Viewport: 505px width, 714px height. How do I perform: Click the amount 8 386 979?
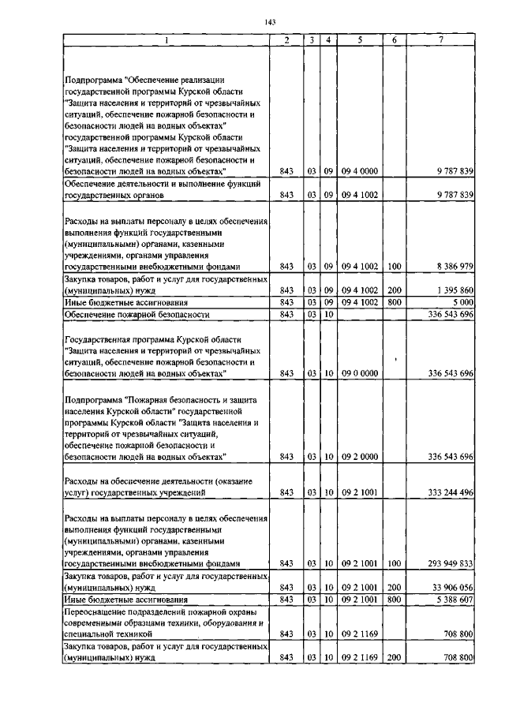453,267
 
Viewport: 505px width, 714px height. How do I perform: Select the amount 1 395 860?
453,290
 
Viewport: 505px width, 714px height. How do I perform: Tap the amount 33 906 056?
452,588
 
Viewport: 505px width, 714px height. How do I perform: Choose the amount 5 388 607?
453,600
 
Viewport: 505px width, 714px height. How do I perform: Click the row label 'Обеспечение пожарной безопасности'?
137,314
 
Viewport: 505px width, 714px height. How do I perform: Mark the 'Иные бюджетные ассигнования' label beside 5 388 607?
114,600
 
